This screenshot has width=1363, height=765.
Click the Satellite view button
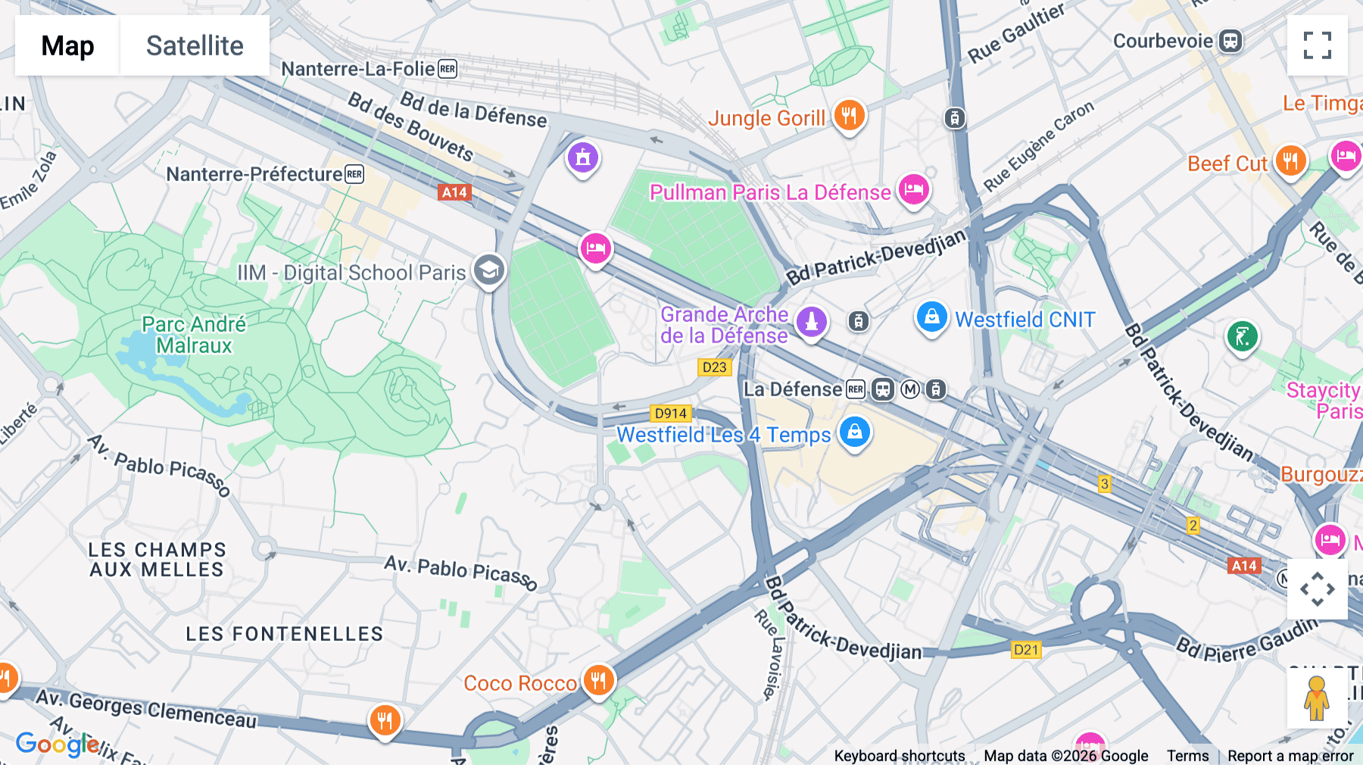[x=195, y=45]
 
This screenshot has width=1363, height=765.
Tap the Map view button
[x=67, y=45]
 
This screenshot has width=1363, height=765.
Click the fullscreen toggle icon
[x=1317, y=45]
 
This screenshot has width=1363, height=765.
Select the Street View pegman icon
[x=1316, y=698]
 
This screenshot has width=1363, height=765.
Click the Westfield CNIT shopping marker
[x=931, y=317]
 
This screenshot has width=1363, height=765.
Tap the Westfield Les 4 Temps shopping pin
[x=854, y=432]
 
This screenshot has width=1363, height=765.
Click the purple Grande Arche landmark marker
[x=811, y=321]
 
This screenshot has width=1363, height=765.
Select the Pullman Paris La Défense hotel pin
[x=913, y=189]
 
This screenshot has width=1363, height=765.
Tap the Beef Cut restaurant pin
[x=1290, y=161]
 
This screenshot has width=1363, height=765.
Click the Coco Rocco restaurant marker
[x=598, y=680]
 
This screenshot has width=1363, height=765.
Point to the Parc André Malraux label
[x=194, y=335]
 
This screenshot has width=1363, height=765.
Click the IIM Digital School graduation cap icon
[x=489, y=270]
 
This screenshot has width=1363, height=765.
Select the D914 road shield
[x=670, y=414]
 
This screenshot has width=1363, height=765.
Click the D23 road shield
[x=714, y=367]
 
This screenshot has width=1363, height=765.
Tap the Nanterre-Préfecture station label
[x=254, y=174]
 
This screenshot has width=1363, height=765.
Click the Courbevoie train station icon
[x=1230, y=41]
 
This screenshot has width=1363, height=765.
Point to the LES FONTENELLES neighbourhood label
[x=285, y=634]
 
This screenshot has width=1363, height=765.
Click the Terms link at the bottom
[x=1187, y=755]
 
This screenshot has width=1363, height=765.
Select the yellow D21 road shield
[x=1026, y=649]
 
